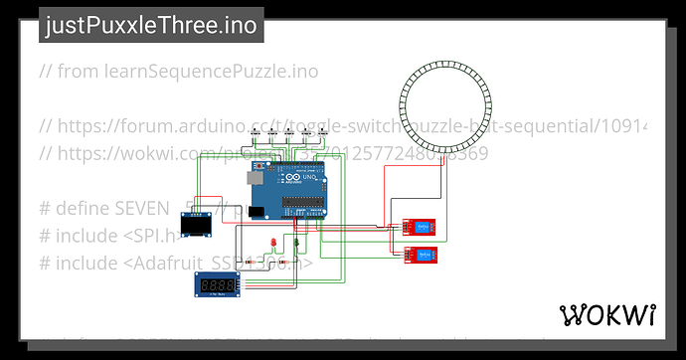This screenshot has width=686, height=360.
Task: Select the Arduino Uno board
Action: pos(287,191)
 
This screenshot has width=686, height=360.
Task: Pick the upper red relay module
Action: pos(419,227)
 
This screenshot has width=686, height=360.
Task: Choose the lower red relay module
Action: pos(422,256)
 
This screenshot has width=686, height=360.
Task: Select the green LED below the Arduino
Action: pos(297,243)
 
